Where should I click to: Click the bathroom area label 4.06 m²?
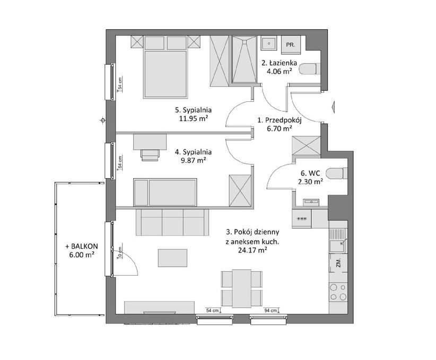(x=279, y=72)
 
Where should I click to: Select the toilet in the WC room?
(x=337, y=173)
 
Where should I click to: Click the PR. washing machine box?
(x=291, y=45)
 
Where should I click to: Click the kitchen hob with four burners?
(x=338, y=292)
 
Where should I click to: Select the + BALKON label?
(x=82, y=247)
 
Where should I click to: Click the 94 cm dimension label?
(x=271, y=311)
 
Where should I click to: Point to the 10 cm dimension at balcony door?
(x=120, y=252)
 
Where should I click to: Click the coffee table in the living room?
(x=172, y=258)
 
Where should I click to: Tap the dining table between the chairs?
(x=242, y=288)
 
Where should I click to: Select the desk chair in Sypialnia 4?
(x=150, y=155)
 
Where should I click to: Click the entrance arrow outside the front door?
(x=334, y=107)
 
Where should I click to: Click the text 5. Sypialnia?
(x=193, y=110)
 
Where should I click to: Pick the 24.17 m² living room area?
(x=253, y=250)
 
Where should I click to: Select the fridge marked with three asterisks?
(x=301, y=219)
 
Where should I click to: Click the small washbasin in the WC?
(x=311, y=202)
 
